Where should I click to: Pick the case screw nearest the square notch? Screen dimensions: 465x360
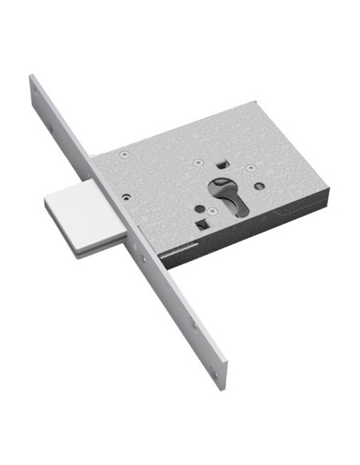click(198, 163)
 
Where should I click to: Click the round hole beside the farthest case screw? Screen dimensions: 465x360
click(260, 188)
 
